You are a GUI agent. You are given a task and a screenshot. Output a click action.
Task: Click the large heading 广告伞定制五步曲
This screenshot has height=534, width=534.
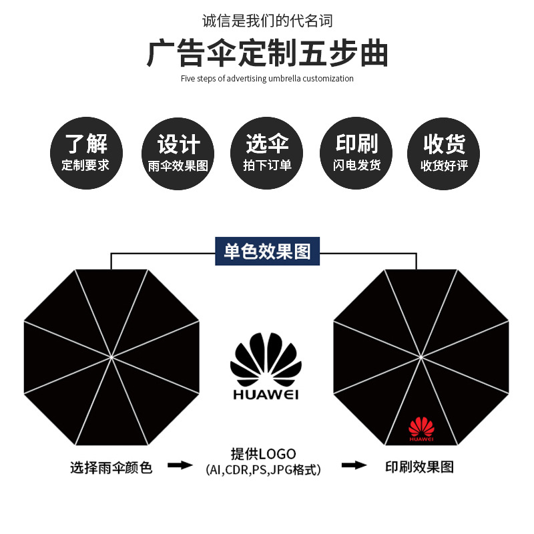coord(267,53)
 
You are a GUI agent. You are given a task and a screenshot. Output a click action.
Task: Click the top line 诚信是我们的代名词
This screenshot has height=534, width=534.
coord(267,21)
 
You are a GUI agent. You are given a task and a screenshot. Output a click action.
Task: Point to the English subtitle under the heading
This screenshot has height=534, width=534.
coord(267,79)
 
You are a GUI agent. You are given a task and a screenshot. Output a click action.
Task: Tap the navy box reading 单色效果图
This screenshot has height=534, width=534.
coord(267,252)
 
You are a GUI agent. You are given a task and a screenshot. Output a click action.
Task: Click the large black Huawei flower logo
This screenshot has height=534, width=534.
coord(265,360)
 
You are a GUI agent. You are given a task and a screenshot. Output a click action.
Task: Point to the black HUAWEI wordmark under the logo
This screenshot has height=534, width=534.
coord(266,394)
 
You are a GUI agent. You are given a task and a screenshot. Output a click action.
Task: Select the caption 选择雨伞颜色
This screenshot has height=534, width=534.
coord(111,468)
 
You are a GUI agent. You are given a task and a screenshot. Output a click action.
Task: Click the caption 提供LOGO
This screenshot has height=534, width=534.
coord(263,454)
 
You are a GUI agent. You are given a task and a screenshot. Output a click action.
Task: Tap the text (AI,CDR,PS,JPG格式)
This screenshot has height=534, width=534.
coord(263,470)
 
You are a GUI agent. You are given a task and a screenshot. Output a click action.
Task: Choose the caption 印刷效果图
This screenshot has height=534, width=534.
coord(419,467)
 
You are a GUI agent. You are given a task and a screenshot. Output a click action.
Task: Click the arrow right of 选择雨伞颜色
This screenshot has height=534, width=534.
coord(179,465)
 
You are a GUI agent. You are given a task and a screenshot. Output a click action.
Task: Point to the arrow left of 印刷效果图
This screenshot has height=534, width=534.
coord(354,465)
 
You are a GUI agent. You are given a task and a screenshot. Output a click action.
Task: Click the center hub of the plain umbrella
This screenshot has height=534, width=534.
coord(111,357)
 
